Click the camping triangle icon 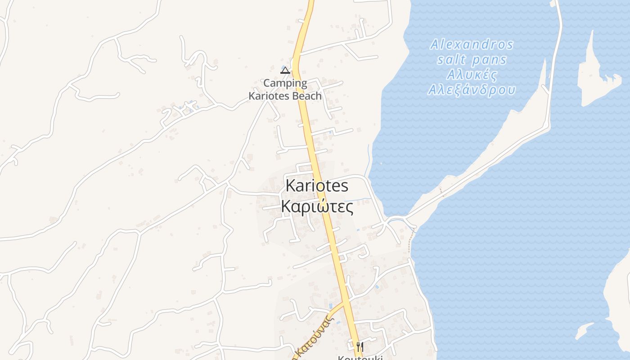coord(285,70)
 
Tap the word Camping coord(285,83)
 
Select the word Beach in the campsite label coord(306,96)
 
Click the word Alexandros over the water coord(472,45)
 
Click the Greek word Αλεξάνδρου coord(472,90)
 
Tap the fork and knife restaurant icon coord(360,346)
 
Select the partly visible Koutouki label coord(360,357)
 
